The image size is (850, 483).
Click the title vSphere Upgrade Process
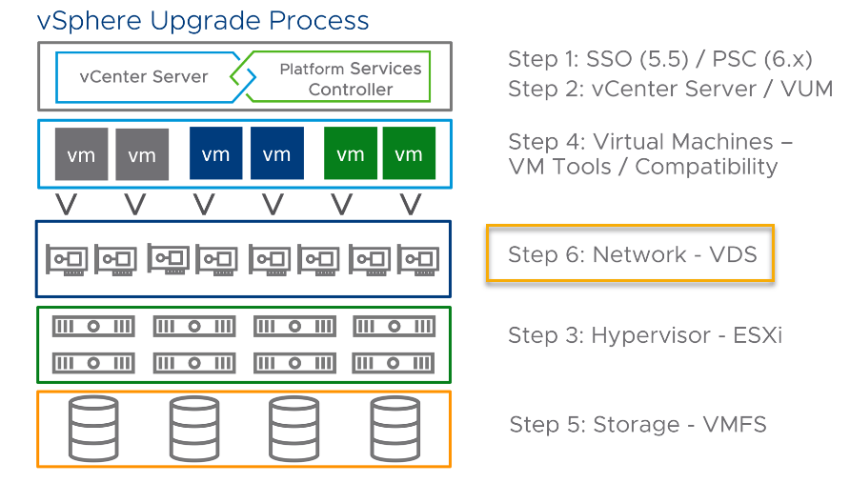click(x=202, y=20)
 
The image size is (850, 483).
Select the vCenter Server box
click(x=143, y=76)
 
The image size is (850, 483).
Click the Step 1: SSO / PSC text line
click(x=659, y=59)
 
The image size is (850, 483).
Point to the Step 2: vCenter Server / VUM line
click(x=670, y=89)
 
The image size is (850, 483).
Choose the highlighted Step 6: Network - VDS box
click(x=630, y=253)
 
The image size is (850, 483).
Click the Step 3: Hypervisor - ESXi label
click(x=644, y=334)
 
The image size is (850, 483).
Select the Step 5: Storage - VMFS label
click(x=637, y=424)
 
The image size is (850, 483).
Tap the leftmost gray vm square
click(x=81, y=154)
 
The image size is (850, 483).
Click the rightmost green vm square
click(x=409, y=153)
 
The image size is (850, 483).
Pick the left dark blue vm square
click(x=216, y=153)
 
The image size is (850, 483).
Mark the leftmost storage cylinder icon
click(x=93, y=429)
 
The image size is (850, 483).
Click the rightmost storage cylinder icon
click(x=395, y=429)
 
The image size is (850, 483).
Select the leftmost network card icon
click(x=68, y=259)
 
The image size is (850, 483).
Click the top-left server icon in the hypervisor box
click(x=93, y=327)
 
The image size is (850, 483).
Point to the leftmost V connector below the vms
click(x=66, y=203)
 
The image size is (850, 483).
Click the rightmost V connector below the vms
click(x=410, y=203)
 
